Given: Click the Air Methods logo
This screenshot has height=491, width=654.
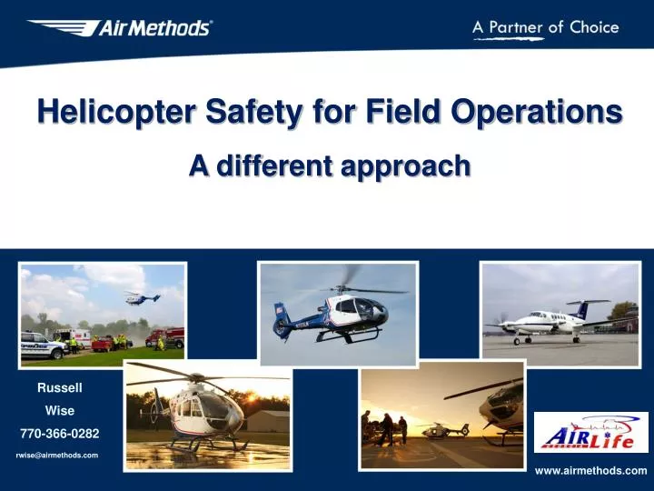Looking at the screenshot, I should (x=120, y=28).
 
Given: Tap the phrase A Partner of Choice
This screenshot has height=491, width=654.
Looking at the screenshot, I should (x=545, y=27).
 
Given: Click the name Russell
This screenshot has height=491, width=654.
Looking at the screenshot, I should (x=60, y=388).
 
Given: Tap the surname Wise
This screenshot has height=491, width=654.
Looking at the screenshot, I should (x=60, y=411).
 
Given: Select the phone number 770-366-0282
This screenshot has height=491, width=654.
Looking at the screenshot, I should (x=60, y=434).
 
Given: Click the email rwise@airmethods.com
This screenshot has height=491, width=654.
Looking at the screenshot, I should (x=57, y=455).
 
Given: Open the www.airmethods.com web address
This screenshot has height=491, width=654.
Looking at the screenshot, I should (x=590, y=470).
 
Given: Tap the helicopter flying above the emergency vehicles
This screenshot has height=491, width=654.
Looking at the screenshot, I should (x=142, y=296).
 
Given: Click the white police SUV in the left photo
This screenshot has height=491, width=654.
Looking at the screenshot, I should (x=41, y=345).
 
